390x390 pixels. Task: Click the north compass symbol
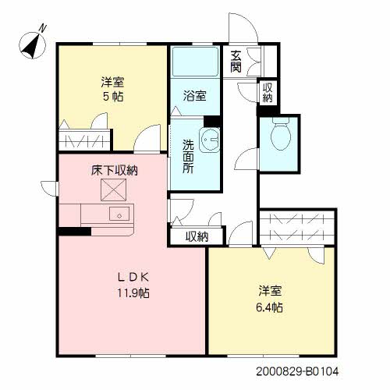click(x=33, y=44)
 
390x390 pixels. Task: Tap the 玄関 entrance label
click(x=236, y=62)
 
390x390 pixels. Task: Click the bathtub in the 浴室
click(x=196, y=62)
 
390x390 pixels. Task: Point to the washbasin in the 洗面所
click(x=210, y=140)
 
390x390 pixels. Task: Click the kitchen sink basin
click(x=119, y=214)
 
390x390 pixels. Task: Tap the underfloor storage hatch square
click(x=114, y=190)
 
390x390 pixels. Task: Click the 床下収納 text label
click(x=115, y=171)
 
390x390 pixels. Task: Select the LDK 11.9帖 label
click(x=133, y=285)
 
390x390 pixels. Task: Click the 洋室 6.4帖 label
click(x=270, y=299)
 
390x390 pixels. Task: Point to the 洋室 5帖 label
click(x=113, y=89)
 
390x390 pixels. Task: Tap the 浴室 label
click(x=195, y=95)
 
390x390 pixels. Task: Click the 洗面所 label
click(x=188, y=157)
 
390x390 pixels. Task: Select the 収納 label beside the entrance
click(x=267, y=93)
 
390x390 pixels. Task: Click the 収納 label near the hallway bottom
click(x=197, y=236)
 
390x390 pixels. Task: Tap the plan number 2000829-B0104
click(x=297, y=371)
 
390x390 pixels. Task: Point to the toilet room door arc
click(x=246, y=158)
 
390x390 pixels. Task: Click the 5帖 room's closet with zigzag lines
click(x=85, y=140)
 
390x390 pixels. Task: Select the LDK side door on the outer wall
click(x=49, y=188)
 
